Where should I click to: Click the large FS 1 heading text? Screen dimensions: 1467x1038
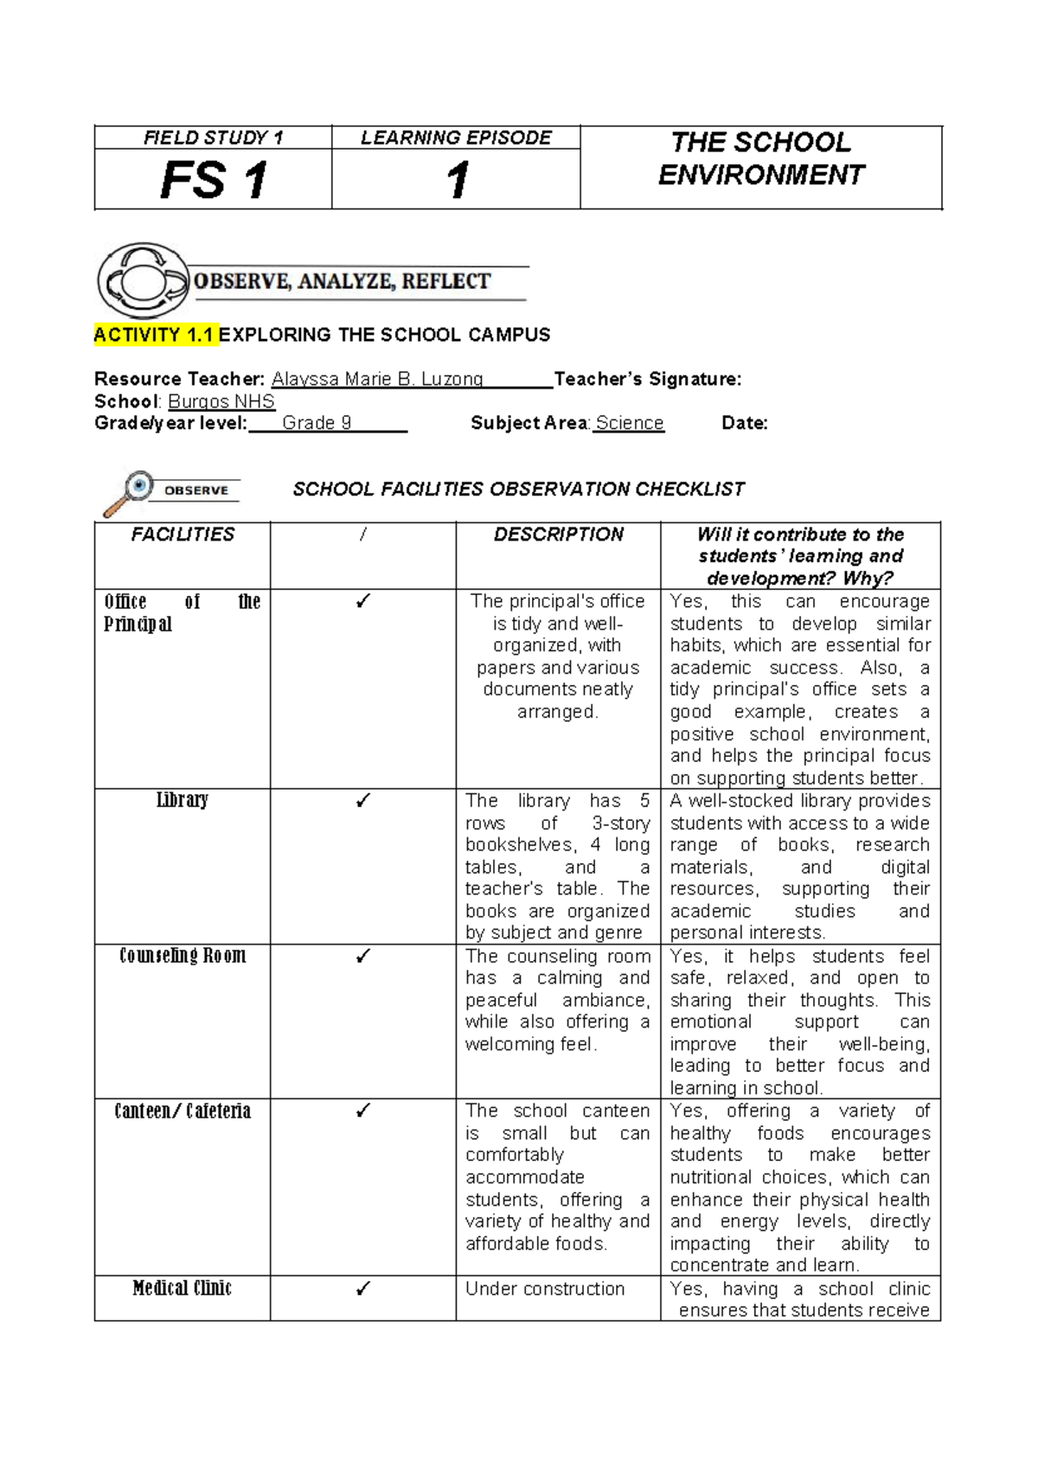(214, 181)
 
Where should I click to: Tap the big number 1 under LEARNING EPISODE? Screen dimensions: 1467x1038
(457, 181)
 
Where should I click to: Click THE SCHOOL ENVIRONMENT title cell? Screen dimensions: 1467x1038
(760, 159)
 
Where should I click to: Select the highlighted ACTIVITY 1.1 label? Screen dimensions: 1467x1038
(155, 335)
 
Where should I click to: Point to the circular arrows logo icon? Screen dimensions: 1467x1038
(143, 280)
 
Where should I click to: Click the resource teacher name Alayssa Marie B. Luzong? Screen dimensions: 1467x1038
(377, 379)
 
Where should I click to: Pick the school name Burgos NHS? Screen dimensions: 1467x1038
(221, 401)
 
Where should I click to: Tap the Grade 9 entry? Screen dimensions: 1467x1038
(317, 423)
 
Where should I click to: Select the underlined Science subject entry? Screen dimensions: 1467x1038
(629, 423)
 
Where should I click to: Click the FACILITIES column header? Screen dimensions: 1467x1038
(183, 535)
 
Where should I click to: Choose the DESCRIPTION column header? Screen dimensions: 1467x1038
(558, 535)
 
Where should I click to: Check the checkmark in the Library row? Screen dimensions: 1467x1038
(363, 801)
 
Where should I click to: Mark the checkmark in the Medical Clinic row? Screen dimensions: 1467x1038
(363, 1289)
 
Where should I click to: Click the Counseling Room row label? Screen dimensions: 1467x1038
(183, 956)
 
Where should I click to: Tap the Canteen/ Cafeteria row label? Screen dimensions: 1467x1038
(183, 1111)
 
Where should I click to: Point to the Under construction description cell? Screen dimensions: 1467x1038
(545, 1289)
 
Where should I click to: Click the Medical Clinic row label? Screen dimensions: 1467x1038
(183, 1289)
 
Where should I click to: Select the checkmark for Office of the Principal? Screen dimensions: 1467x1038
(363, 601)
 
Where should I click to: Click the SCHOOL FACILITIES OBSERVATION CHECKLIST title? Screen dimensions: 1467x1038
(518, 490)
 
